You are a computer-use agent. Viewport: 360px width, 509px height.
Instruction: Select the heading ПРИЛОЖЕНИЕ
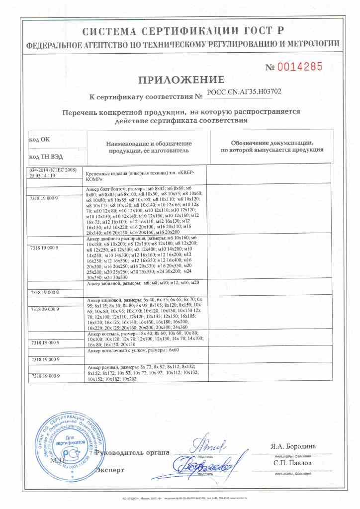tap(181, 80)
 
